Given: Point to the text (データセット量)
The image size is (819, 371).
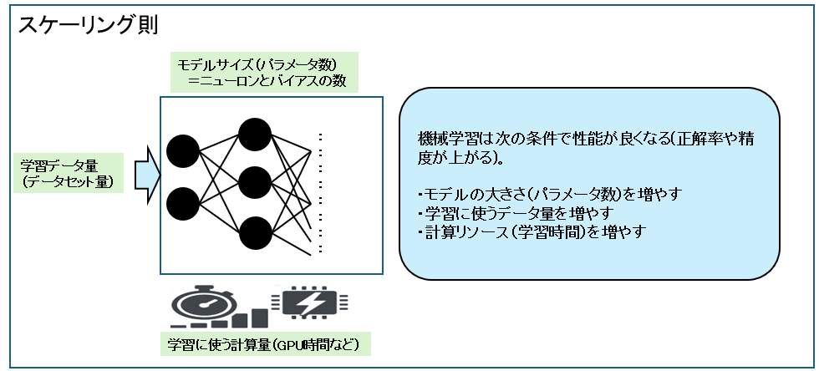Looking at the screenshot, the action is (66, 181).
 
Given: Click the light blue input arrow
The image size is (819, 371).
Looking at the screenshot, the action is (146, 173).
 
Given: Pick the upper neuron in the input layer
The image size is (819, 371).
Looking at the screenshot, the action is (183, 151).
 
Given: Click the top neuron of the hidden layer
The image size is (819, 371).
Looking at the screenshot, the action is (255, 135).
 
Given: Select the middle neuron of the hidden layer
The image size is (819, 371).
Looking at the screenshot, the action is (255, 183).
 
